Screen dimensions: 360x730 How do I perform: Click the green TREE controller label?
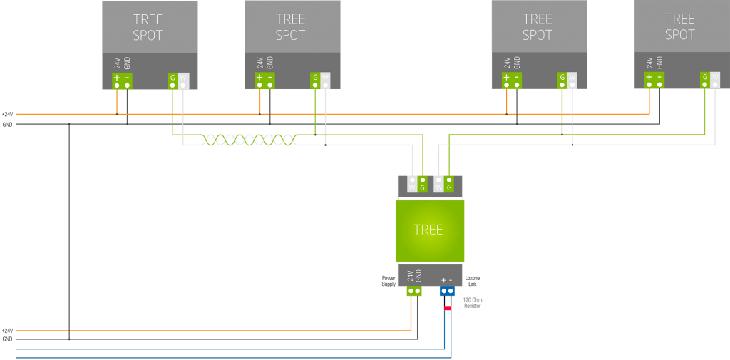tap(428, 230)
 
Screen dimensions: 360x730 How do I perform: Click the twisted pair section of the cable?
tap(250, 140)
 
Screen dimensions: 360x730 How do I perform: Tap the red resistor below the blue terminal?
tap(448, 308)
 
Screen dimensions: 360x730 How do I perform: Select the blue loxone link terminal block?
tap(447, 291)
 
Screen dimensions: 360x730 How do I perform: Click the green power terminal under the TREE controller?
tap(414, 291)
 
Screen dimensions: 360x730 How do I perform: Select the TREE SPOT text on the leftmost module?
tap(148, 27)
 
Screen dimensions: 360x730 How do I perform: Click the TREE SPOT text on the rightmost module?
tap(679, 27)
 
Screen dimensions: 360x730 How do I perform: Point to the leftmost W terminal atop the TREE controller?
tap(412, 184)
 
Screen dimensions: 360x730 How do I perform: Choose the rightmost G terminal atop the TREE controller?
tap(449, 184)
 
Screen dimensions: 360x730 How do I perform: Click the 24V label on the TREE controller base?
tap(410, 276)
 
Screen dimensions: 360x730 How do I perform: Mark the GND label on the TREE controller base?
tap(418, 276)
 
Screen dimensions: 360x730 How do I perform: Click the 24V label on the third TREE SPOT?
tap(507, 63)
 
